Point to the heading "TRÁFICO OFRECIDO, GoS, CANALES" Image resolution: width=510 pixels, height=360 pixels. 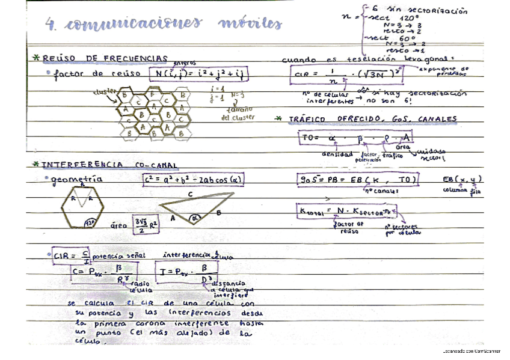click(x=370, y=118)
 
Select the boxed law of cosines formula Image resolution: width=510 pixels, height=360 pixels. click(x=192, y=179)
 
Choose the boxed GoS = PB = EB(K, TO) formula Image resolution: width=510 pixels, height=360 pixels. click(x=358, y=180)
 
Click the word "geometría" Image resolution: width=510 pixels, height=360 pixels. click(x=78, y=179)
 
